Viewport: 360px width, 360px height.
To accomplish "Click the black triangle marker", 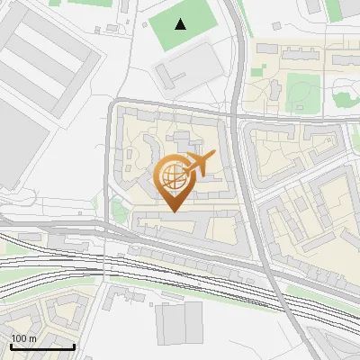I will tap(182, 24).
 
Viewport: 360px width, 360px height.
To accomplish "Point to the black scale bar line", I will tap(42, 346).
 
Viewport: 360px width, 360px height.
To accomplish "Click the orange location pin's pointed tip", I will tap(174, 211).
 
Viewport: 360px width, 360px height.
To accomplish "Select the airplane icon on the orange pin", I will tap(199, 164).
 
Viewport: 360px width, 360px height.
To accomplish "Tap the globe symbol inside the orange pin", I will tap(172, 177).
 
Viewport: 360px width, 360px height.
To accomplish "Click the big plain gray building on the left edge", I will tap(20, 144).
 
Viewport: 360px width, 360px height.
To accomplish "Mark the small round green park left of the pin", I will tap(118, 211).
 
